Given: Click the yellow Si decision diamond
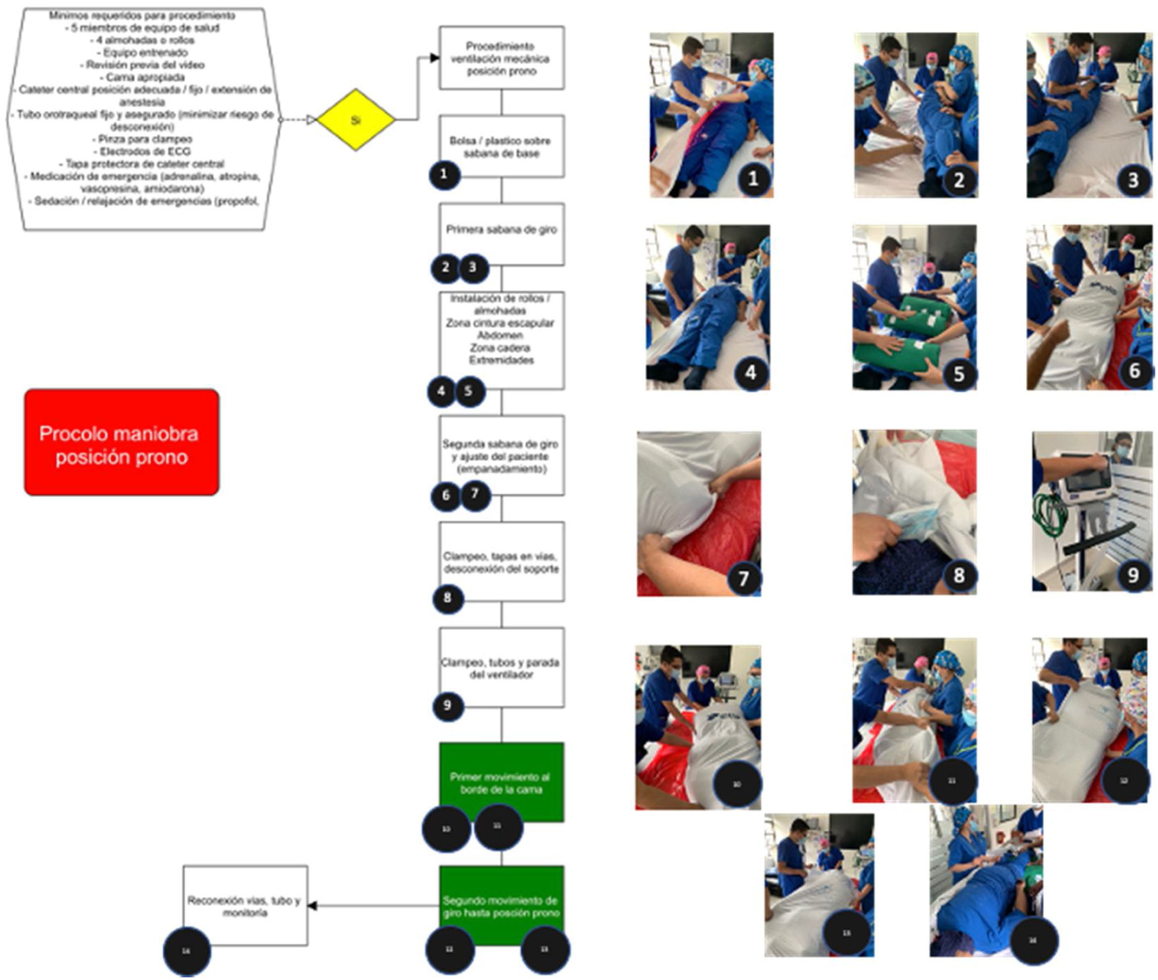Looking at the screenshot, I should click(356, 120).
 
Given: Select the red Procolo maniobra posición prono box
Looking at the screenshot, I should click(122, 442).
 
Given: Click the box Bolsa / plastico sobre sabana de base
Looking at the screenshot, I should click(501, 146).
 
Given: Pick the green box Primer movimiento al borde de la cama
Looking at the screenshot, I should click(501, 782).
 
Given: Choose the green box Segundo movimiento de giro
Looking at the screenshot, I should click(501, 905).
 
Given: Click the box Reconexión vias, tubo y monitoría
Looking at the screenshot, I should click(245, 905).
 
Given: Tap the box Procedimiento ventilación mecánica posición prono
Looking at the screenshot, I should click(501, 58).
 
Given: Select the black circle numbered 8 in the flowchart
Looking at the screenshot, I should click(448, 598).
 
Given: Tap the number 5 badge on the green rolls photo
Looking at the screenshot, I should click(959, 373).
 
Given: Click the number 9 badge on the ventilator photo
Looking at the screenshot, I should click(1132, 575).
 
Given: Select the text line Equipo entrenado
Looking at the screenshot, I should click(145, 52).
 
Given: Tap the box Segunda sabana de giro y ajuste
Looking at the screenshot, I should click(501, 455).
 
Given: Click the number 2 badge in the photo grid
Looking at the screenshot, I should click(959, 180).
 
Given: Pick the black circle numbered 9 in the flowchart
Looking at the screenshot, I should click(448, 706).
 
